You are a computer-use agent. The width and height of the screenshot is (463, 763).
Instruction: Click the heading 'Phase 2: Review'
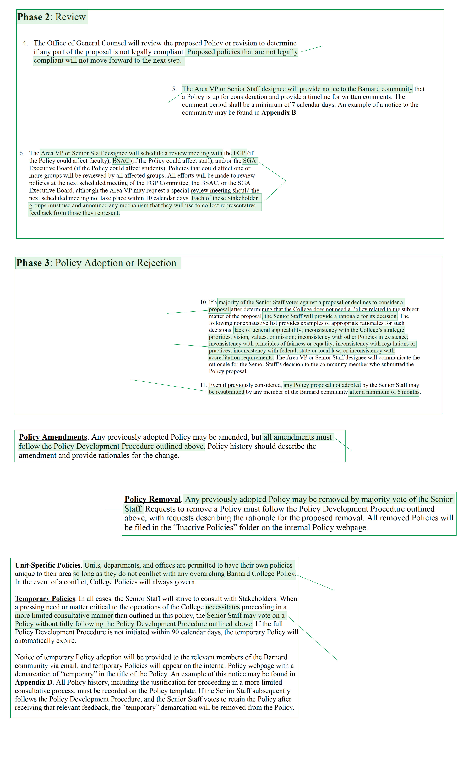pyautogui.click(x=52, y=17)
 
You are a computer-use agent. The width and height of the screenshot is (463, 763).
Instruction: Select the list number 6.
pyautogui.click(x=21, y=153)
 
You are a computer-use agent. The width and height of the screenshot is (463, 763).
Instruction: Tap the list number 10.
pyautogui.click(x=203, y=302)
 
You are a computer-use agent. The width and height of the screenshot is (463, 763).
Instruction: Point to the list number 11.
pyautogui.click(x=203, y=385)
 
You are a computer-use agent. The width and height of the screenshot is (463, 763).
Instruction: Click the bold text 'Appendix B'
pyautogui.click(x=279, y=113)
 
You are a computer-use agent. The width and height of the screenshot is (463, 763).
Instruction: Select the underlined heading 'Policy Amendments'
pyautogui.click(x=53, y=437)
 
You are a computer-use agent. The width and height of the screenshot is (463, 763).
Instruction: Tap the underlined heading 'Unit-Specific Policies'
pyautogui.click(x=48, y=565)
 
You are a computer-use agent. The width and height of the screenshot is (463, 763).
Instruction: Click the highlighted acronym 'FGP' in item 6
pyautogui.click(x=239, y=153)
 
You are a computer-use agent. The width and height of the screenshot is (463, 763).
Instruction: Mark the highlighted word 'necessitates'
pyautogui.click(x=222, y=607)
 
